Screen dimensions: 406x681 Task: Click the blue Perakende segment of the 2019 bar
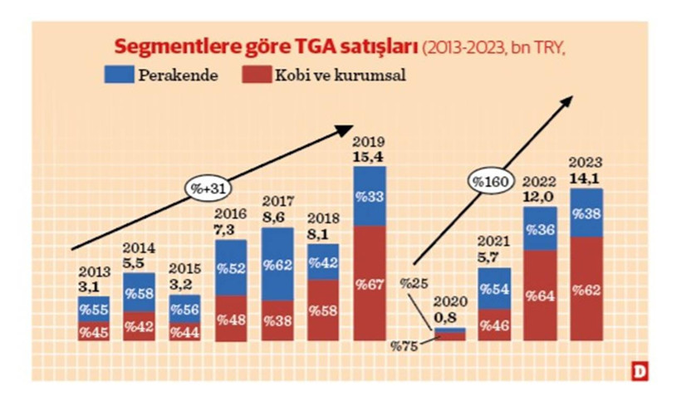click(x=370, y=196)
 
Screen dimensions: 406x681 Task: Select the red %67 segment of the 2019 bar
click(x=370, y=285)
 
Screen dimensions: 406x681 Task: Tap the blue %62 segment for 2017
click(x=277, y=264)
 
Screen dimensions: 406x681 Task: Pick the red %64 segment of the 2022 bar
click(x=540, y=296)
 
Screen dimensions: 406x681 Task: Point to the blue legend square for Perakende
click(x=122, y=74)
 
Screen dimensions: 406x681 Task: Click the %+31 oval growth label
click(x=203, y=188)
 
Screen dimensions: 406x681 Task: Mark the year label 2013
click(x=95, y=271)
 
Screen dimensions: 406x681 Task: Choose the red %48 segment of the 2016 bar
click(x=231, y=319)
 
